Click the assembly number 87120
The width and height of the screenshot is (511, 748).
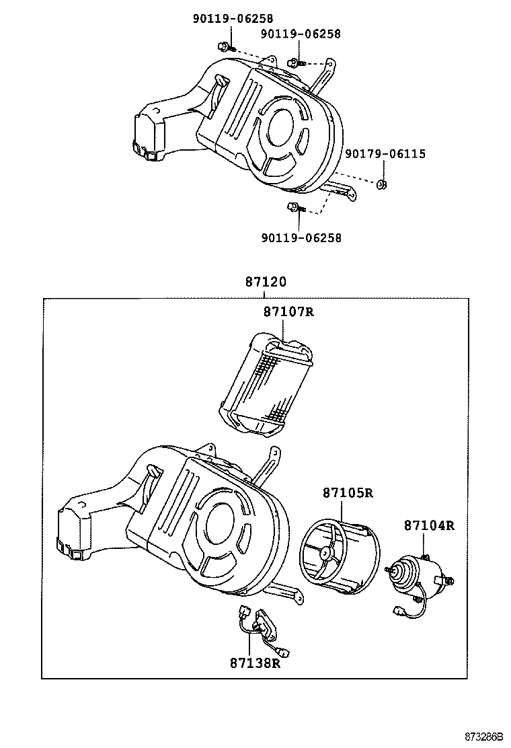pos(266,283)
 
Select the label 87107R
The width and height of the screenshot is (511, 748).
pos(288,312)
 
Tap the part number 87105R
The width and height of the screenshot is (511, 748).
pos(348,493)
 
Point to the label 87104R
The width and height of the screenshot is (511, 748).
pos(429,525)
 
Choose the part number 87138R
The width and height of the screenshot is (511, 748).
pos(255,663)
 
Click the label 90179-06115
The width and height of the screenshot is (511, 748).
pos(385,154)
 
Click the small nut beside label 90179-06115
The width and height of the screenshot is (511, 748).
pos(381,185)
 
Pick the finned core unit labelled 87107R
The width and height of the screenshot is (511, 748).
pos(268,383)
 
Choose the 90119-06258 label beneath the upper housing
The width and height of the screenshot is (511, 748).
pos(301,237)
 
